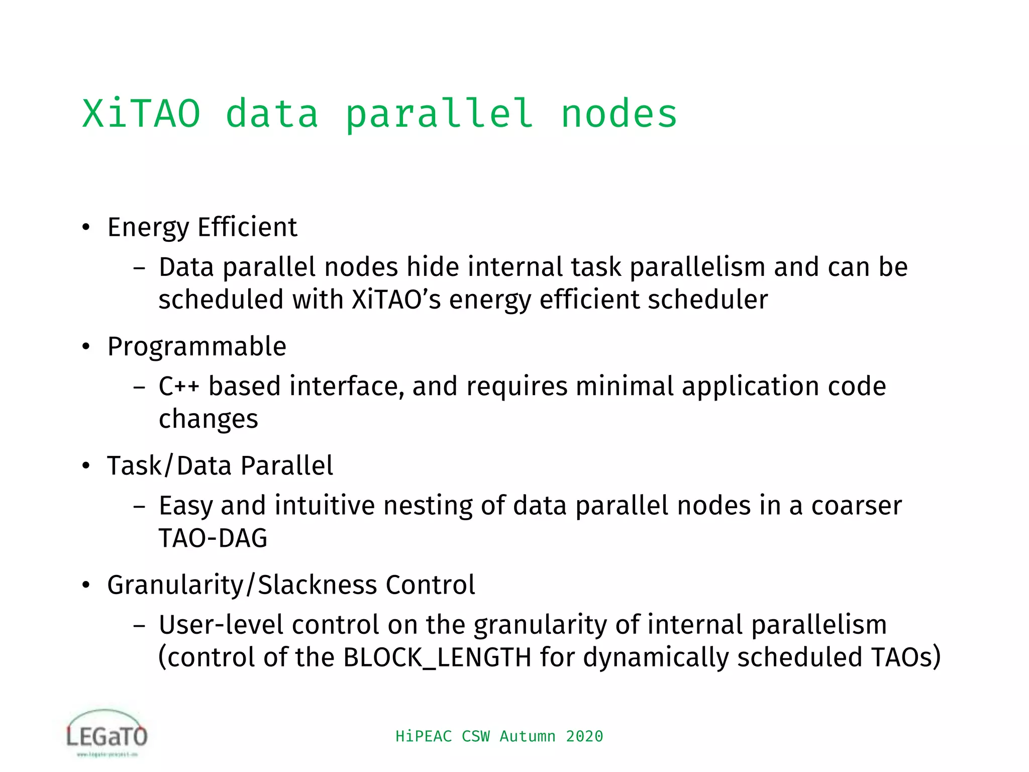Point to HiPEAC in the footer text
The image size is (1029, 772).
[x=424, y=736]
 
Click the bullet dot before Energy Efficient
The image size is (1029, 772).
[x=86, y=228]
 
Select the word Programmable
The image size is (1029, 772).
[x=196, y=347]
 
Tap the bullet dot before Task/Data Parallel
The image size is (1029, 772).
[x=86, y=466]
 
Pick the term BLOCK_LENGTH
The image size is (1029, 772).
[x=437, y=657]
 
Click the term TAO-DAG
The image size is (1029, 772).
[x=213, y=538]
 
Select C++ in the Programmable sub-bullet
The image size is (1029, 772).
[x=179, y=387]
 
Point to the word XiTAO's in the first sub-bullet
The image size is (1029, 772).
[x=396, y=300]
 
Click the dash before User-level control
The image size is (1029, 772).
[x=139, y=626]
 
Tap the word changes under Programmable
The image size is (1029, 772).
[x=208, y=419]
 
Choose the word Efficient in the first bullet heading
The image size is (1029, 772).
[x=247, y=227]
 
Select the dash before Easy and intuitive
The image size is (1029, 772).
[x=139, y=507]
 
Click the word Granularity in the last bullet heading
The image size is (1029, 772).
[x=175, y=585]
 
